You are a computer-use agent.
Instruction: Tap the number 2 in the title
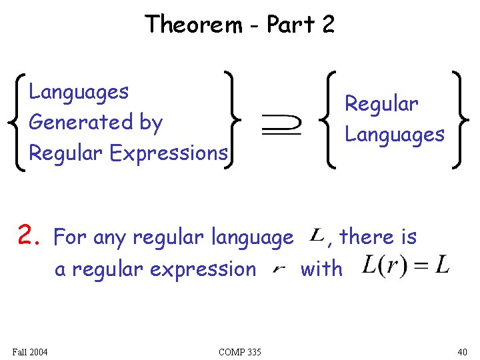[327, 25]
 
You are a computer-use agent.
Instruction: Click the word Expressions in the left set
[169, 153]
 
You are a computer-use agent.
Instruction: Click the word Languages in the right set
[394, 134]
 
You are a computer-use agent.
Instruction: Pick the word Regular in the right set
[381, 103]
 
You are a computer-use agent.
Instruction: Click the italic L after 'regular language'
[318, 235]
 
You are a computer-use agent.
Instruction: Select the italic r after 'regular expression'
[279, 269]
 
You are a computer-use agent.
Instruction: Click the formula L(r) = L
[405, 267]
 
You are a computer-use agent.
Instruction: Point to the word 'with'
[321, 269]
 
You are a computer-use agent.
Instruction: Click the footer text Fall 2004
[30, 352]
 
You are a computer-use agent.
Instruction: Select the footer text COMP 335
[239, 352]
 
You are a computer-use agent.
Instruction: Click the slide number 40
[462, 352]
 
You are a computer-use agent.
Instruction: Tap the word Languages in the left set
[79, 91]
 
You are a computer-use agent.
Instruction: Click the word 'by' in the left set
[150, 123]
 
